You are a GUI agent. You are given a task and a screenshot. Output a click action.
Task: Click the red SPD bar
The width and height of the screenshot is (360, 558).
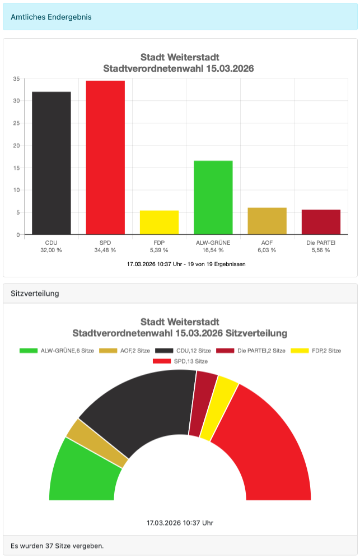click(105, 157)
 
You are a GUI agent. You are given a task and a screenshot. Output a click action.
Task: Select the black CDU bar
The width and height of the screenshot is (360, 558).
click(51, 163)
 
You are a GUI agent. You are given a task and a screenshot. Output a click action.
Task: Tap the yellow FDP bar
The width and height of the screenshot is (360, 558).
click(159, 222)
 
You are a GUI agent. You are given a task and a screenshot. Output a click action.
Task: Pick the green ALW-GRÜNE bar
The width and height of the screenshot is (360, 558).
click(213, 198)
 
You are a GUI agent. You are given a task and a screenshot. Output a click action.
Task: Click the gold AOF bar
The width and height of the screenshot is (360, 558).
click(267, 221)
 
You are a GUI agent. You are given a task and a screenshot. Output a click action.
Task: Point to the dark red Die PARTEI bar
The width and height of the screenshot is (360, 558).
click(321, 222)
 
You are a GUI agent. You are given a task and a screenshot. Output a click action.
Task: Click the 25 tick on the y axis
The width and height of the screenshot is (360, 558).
click(16, 123)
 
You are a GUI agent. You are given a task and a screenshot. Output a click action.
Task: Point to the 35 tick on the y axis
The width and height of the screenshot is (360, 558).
click(16, 78)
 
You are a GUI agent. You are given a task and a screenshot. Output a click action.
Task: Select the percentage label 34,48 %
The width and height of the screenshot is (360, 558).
click(105, 250)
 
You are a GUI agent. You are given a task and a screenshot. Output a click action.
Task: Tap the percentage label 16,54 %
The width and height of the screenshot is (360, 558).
click(213, 250)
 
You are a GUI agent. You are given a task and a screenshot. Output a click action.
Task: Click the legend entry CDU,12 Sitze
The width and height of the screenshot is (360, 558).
click(183, 351)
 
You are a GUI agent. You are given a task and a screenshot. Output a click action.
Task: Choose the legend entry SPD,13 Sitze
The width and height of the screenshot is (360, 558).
click(180, 361)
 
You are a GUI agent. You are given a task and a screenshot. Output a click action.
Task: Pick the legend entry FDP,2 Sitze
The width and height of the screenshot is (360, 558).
click(316, 351)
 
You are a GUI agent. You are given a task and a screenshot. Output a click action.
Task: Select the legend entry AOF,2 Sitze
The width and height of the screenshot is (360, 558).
click(124, 351)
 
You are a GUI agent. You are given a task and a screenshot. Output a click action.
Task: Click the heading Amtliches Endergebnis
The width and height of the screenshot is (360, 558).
click(51, 17)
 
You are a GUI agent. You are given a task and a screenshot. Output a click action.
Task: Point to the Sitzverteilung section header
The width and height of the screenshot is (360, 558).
click(35, 294)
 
